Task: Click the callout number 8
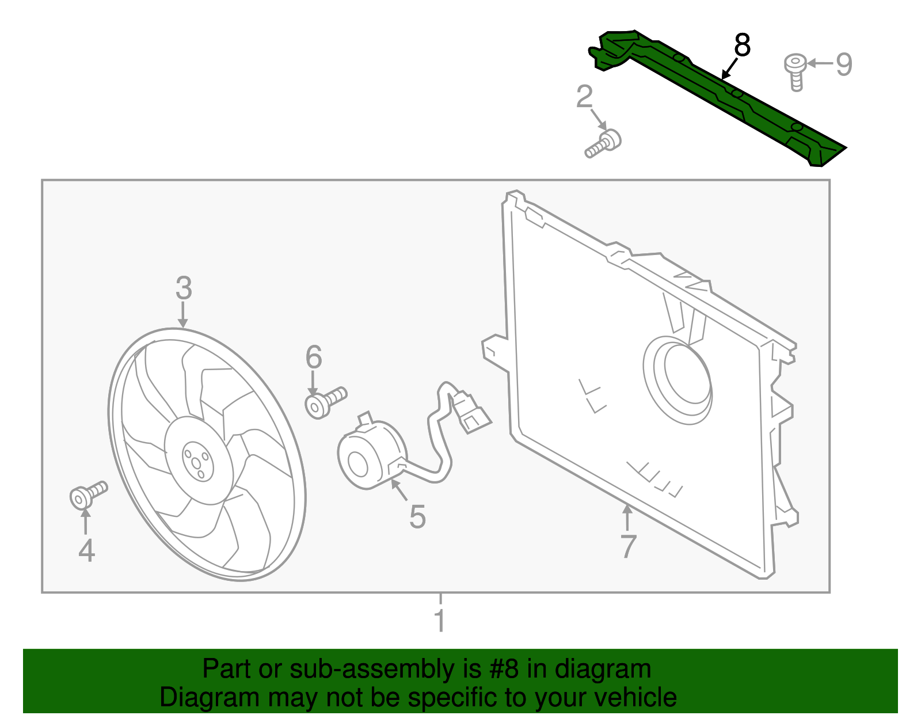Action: pyautogui.click(x=742, y=45)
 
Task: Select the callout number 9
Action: pyautogui.click(x=843, y=64)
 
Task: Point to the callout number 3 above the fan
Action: pyautogui.click(x=184, y=288)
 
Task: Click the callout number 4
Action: pyautogui.click(x=86, y=550)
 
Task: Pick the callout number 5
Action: pyautogui.click(x=417, y=516)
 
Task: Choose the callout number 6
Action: pyautogui.click(x=314, y=357)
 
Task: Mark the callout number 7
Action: pyautogui.click(x=629, y=546)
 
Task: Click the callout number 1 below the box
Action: pyautogui.click(x=440, y=621)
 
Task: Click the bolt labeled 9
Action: pyautogui.click(x=796, y=70)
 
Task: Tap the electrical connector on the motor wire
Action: pyautogui.click(x=472, y=412)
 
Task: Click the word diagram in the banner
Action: pyautogui.click(x=603, y=669)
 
